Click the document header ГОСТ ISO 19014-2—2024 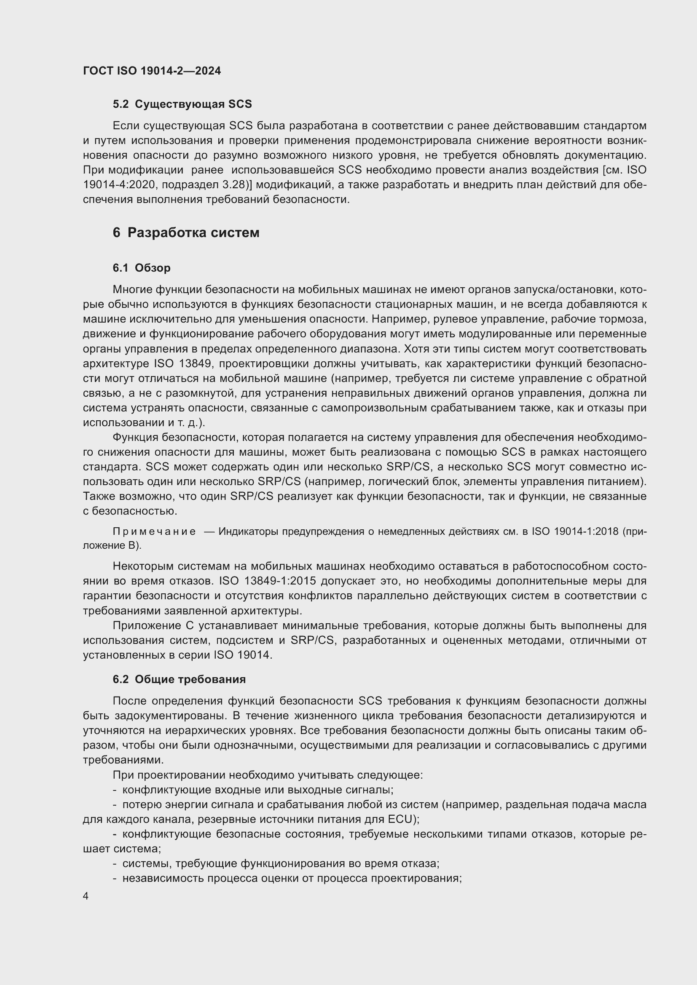click(152, 71)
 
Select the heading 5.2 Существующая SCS click(182, 104)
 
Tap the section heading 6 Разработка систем click(186, 232)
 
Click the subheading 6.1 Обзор click(141, 268)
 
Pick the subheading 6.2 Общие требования click(179, 679)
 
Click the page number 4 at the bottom click(86, 896)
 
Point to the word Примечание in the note click(154, 531)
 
